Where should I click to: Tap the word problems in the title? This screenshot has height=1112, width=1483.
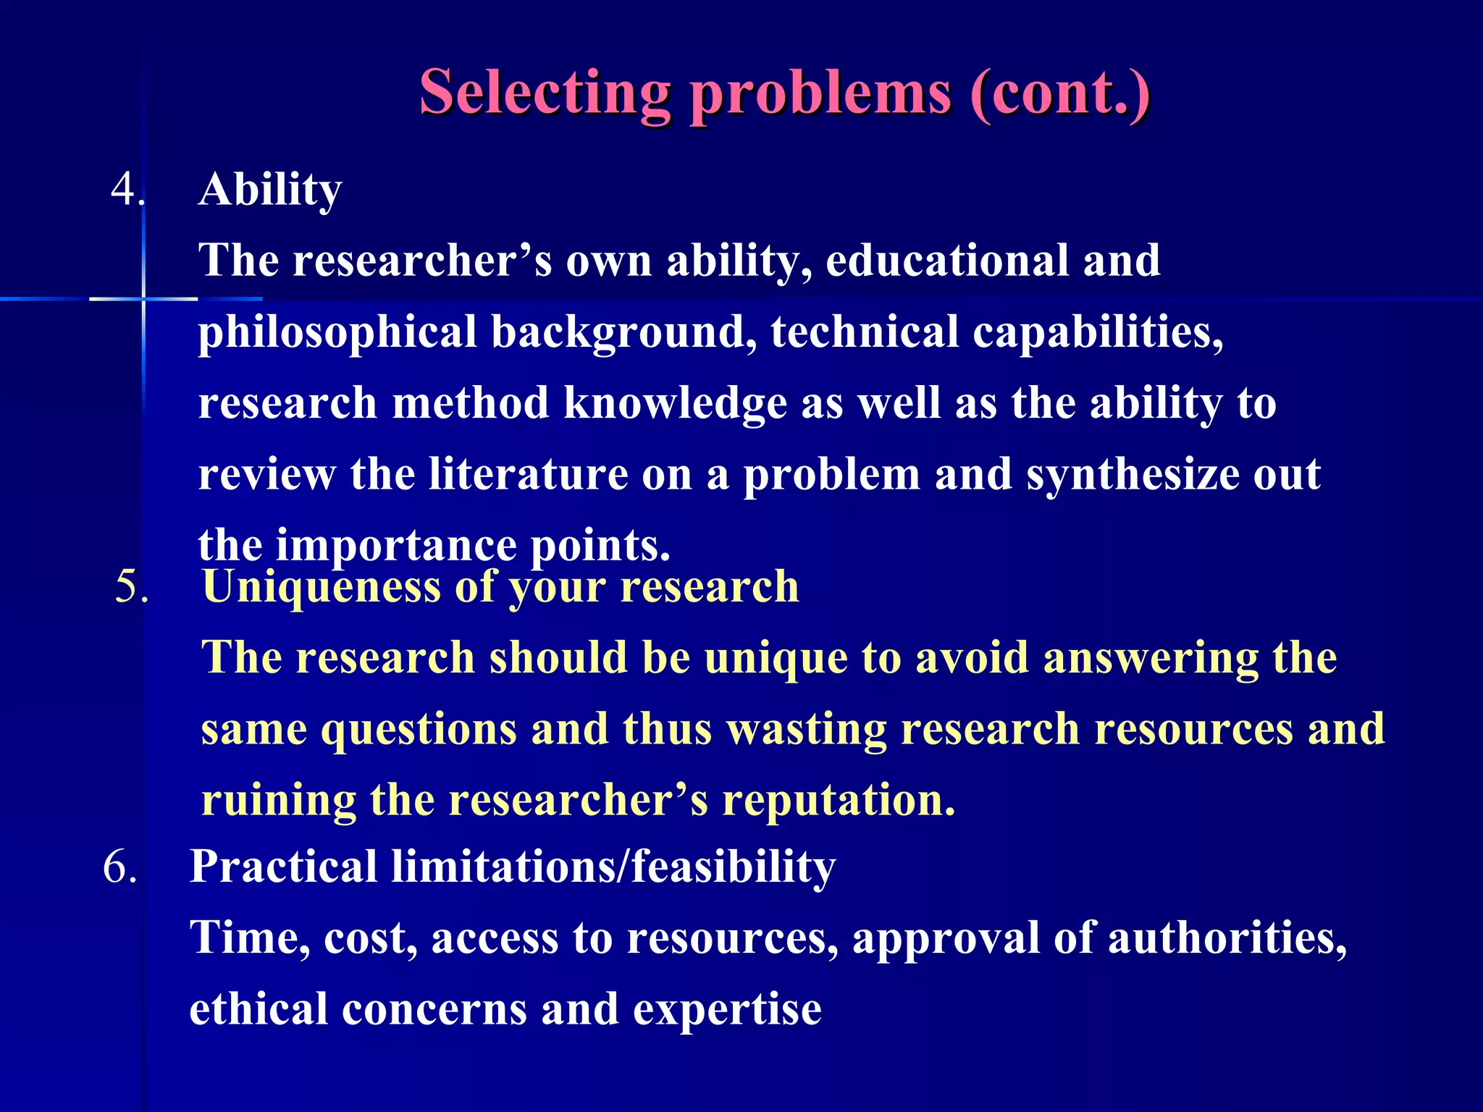pos(820,94)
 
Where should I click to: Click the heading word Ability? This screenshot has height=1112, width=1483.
pos(269,190)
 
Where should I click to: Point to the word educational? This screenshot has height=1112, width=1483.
pos(947,261)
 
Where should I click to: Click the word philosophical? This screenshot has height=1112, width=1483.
pos(337,333)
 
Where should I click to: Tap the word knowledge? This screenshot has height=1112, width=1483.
pos(675,403)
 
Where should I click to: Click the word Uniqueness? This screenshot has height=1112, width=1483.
pos(322,586)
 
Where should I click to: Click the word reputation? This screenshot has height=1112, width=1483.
pos(839,801)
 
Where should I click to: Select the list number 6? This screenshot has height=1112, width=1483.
pos(119,867)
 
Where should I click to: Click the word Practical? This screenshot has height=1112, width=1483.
pos(283,867)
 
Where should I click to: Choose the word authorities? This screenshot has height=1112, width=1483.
pos(1227,938)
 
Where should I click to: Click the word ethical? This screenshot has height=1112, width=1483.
pos(259,1009)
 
